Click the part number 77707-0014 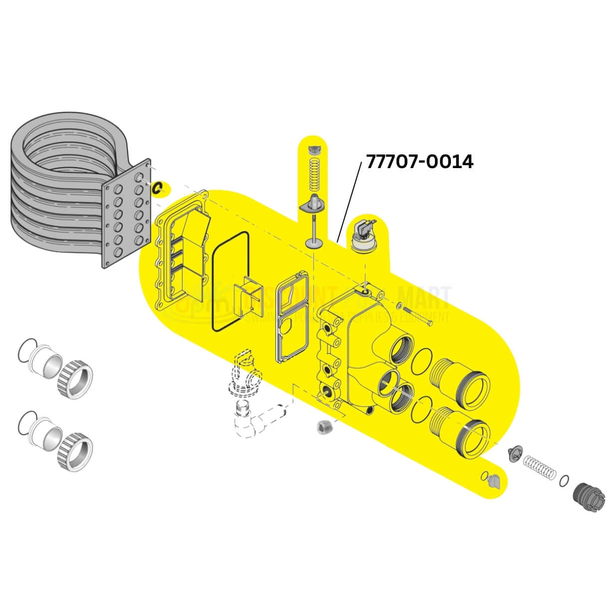[419, 162]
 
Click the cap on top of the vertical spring [314, 149]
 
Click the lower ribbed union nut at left [75, 448]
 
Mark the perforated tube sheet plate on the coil [127, 214]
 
